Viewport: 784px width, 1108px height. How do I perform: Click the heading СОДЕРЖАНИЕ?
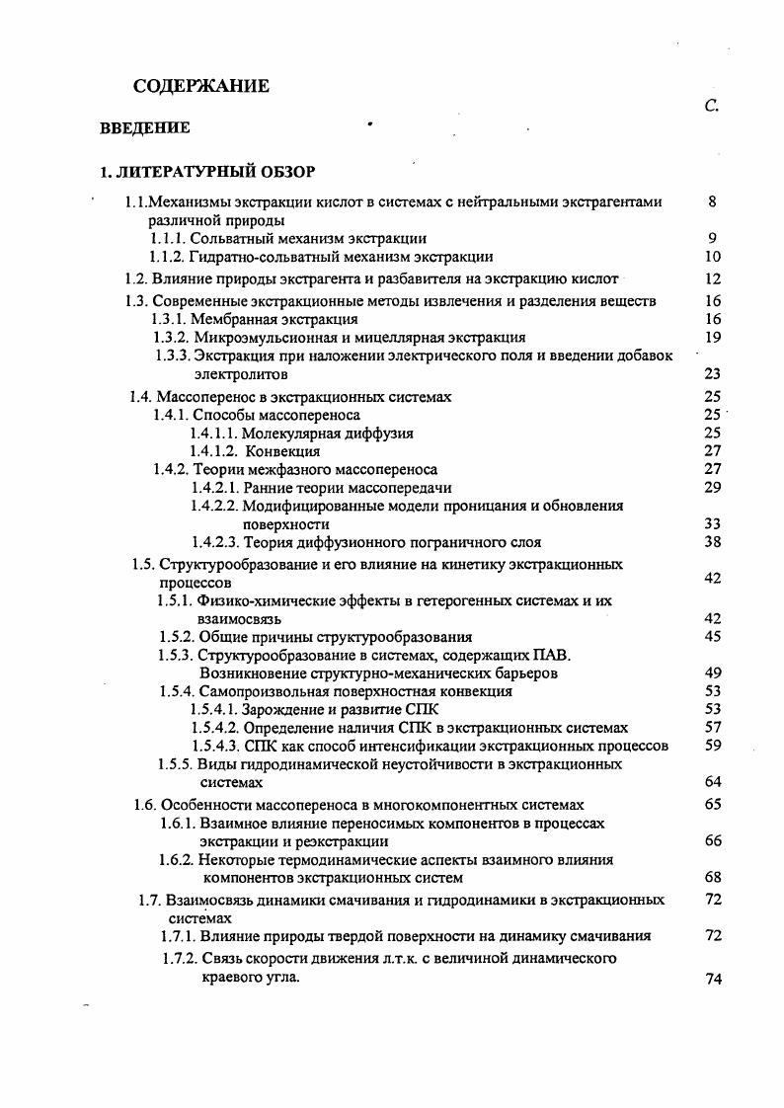click(x=200, y=87)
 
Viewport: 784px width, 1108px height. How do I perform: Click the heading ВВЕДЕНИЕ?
click(x=144, y=128)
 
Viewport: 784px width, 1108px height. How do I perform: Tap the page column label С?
click(x=712, y=107)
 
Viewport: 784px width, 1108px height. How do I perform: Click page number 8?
click(x=712, y=201)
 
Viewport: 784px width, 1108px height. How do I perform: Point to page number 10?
click(x=713, y=257)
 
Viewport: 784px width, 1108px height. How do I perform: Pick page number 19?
click(x=713, y=338)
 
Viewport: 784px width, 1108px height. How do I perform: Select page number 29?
click(x=713, y=487)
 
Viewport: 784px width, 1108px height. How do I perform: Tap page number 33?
click(x=713, y=523)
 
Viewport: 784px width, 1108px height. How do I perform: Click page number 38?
click(x=713, y=542)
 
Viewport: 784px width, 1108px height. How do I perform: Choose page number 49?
click(x=713, y=673)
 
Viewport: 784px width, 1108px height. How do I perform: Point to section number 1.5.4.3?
click(x=214, y=746)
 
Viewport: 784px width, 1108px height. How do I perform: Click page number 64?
click(x=713, y=782)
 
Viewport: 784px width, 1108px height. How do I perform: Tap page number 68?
click(x=713, y=877)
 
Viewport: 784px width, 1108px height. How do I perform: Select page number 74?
click(x=713, y=979)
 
